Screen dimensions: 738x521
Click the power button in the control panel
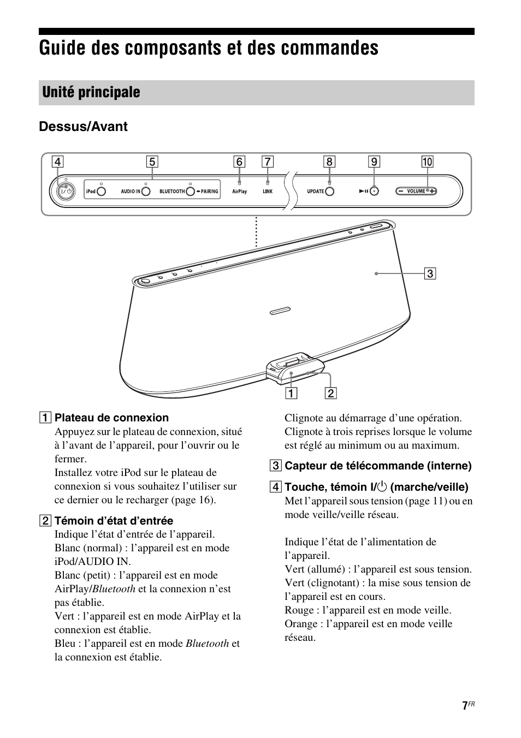click(x=65, y=191)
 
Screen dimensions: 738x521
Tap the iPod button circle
click(x=101, y=191)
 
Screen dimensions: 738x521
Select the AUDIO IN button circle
click(x=145, y=191)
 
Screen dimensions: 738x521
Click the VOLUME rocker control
click(x=416, y=191)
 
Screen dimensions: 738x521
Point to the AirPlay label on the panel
click(x=240, y=192)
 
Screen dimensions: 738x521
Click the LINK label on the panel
click(x=268, y=192)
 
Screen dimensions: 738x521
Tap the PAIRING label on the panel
click(x=209, y=192)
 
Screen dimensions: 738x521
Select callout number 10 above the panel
click(x=427, y=162)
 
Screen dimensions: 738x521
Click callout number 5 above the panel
click(x=152, y=162)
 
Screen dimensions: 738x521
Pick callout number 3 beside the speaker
click(x=430, y=273)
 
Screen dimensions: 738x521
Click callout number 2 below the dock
click(x=330, y=393)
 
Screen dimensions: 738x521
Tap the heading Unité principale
click(x=91, y=92)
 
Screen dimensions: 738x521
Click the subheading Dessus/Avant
click(x=83, y=127)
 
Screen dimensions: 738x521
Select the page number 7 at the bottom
click(x=464, y=706)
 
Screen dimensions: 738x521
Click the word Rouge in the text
click(x=299, y=610)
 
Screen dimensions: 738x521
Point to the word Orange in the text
click(x=300, y=624)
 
